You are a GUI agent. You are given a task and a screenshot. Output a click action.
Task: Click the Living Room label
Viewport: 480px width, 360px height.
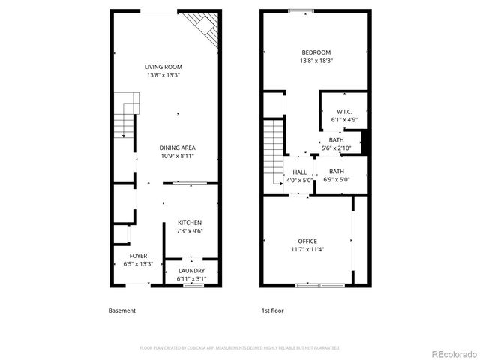tap(163, 67)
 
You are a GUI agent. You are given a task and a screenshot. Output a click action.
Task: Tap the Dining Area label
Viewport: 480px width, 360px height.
tap(178, 148)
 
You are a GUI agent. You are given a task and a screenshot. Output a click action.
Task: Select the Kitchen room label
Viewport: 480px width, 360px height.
tap(189, 223)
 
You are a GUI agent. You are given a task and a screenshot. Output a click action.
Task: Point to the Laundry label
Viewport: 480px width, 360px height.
tap(191, 270)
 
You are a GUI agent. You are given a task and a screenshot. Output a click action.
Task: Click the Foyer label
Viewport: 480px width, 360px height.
tap(138, 256)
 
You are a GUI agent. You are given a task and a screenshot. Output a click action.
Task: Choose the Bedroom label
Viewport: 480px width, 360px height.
tap(316, 52)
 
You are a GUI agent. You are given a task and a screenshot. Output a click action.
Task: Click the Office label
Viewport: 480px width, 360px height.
tap(307, 241)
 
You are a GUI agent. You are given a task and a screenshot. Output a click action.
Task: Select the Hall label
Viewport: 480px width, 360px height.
tap(299, 172)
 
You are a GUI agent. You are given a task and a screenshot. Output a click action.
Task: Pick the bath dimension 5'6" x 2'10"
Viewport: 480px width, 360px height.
tap(336, 148)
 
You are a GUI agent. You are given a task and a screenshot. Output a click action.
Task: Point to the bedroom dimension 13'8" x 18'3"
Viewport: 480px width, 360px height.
tap(316, 60)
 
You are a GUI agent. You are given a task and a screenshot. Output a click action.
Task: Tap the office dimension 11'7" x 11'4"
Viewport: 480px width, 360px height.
tap(307, 249)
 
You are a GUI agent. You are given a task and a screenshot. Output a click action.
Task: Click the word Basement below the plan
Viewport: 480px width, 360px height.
tap(122, 310)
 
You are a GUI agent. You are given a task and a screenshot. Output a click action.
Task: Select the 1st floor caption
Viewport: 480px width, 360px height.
tap(272, 310)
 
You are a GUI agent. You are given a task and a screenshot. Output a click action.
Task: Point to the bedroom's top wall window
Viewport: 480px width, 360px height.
tap(301, 10)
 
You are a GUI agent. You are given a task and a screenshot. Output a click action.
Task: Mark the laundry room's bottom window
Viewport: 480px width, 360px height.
tap(194, 285)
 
